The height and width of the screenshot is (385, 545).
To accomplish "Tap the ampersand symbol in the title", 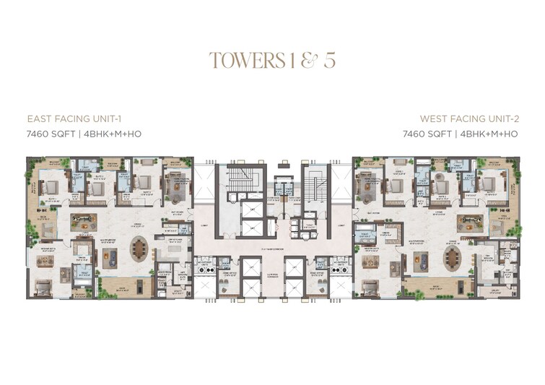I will [308, 60].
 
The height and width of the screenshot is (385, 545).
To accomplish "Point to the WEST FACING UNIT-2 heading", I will [469, 118].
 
